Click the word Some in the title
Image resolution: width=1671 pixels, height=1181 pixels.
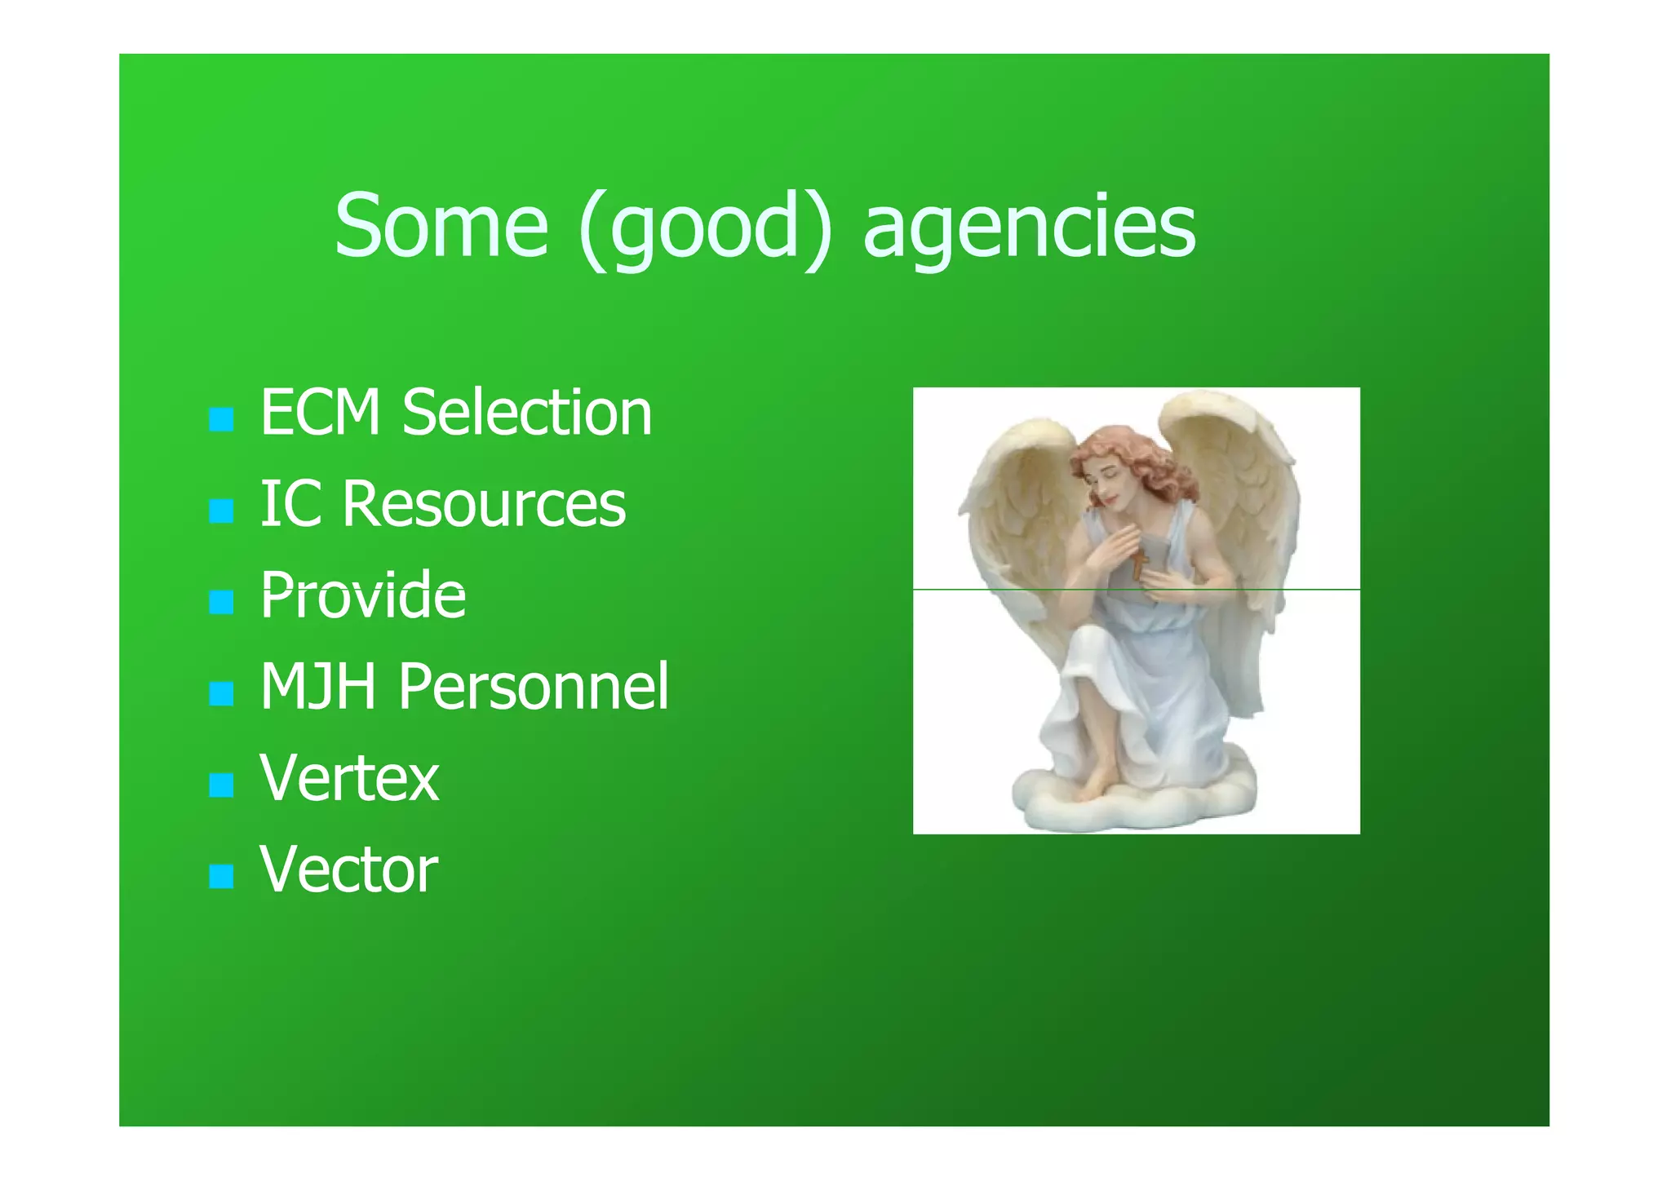[441, 225]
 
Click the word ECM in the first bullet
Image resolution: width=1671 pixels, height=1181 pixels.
[321, 413]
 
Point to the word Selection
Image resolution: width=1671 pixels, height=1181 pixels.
[527, 413]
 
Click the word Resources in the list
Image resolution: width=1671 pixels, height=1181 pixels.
[484, 503]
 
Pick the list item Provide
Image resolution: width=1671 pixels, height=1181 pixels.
[363, 595]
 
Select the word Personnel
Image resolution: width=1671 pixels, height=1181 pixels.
[534, 686]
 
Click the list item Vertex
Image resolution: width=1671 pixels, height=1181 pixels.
[349, 778]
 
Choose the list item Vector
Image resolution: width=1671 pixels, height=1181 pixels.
[348, 869]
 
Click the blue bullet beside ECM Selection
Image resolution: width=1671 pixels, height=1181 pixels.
[221, 420]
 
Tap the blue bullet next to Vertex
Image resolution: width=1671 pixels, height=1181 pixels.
[221, 785]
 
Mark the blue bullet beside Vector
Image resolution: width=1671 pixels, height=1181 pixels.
[221, 877]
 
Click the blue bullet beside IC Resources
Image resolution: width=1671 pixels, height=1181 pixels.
[221, 511]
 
